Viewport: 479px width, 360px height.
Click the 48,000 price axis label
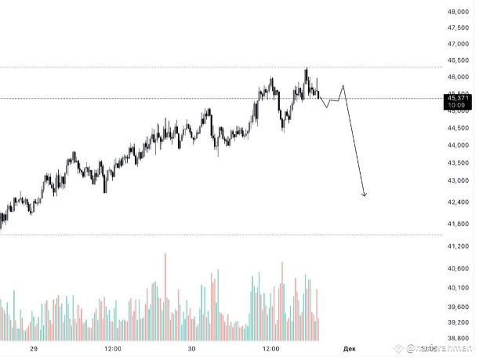click(458, 13)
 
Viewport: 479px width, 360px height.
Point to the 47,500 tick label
click(458, 27)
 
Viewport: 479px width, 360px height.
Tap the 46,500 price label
click(458, 60)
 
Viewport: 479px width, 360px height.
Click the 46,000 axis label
click(458, 77)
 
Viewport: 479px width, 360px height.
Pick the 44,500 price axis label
click(458, 128)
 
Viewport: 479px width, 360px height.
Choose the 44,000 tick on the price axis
click(458, 145)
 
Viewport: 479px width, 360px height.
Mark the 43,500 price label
click(458, 162)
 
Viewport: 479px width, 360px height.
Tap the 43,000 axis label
click(458, 180)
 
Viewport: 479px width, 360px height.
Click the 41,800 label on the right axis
click(458, 224)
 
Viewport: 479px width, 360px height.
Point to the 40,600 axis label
click(458, 268)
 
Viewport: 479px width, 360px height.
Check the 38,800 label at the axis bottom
click(458, 337)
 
